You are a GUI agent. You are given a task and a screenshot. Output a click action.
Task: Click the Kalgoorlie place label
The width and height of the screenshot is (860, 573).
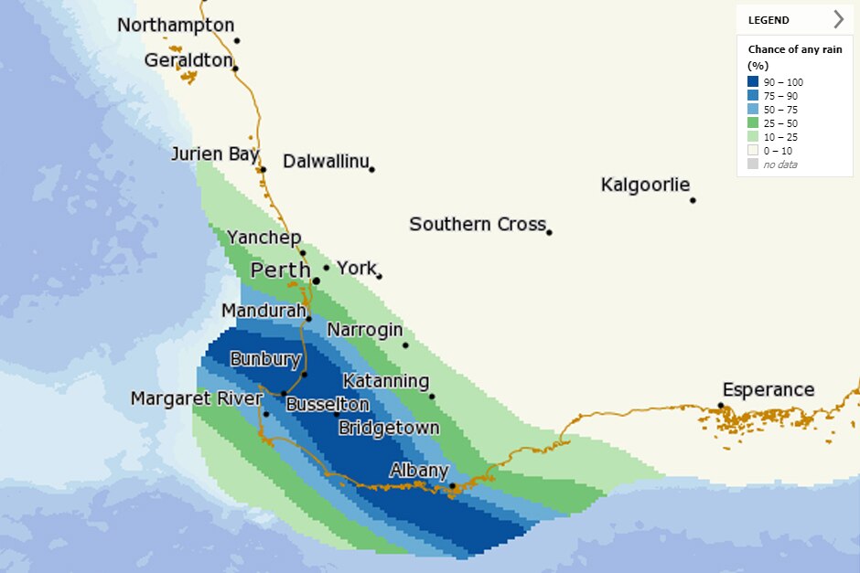coord(645,186)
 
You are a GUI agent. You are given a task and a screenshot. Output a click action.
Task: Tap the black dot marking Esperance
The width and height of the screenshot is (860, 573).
coord(721,405)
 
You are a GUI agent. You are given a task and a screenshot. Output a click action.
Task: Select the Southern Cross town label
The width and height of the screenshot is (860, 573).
coord(477,224)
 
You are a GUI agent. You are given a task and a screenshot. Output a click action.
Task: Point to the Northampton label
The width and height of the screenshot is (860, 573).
coord(176,26)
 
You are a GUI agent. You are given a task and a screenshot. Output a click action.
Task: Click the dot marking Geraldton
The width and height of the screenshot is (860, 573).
coord(235,69)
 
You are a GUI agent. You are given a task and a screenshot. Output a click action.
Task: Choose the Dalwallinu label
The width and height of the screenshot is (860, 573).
coord(326,162)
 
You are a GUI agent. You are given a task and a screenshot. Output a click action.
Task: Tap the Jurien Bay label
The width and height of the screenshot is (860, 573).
coord(215,154)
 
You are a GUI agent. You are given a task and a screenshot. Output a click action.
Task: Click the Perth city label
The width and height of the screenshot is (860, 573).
coord(281,271)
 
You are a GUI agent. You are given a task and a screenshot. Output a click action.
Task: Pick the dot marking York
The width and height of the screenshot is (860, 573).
coord(379,276)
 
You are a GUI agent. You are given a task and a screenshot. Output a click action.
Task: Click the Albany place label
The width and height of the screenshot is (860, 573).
coord(419,472)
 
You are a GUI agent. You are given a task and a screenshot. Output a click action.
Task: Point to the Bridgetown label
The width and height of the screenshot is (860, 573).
coord(389,428)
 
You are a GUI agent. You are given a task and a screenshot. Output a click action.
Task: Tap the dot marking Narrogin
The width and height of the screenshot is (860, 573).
coord(405,345)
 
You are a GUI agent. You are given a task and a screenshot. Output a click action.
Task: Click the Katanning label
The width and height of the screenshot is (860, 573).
coord(386,381)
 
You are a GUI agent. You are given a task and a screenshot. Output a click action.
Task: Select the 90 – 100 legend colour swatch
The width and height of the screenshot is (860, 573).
coord(753,82)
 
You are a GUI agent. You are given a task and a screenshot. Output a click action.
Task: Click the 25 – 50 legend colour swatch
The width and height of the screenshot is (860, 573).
coord(753,123)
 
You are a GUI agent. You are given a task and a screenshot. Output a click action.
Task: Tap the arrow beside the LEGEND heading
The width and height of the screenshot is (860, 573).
coord(838,19)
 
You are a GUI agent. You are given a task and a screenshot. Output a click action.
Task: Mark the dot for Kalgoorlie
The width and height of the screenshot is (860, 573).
coord(693,200)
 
